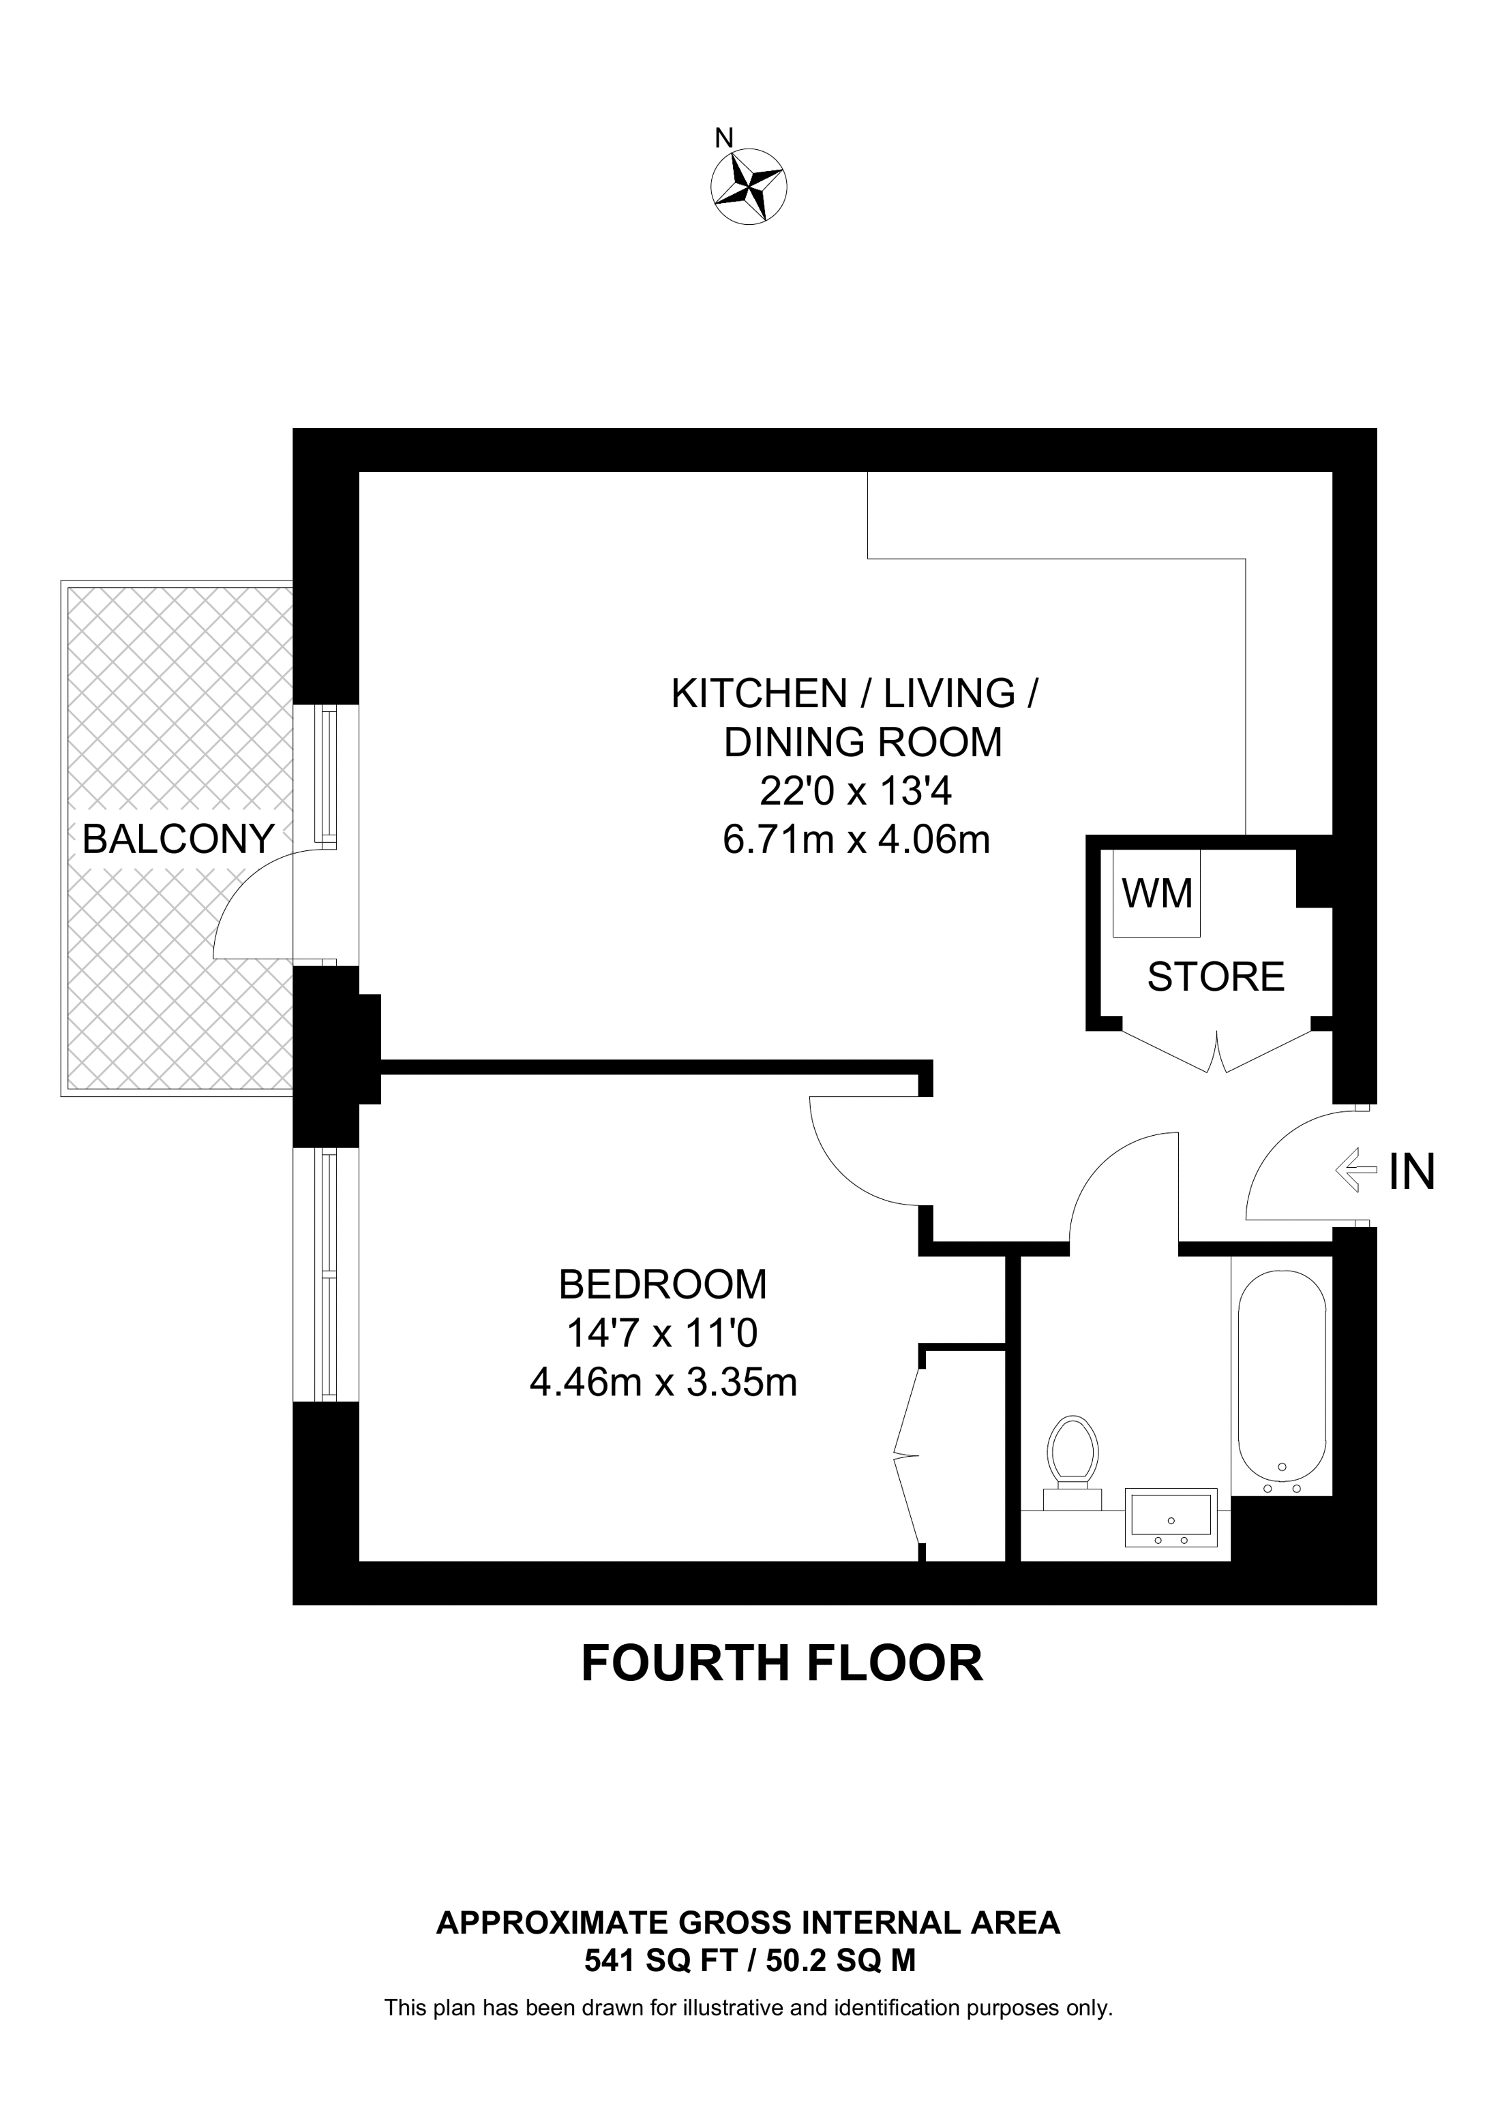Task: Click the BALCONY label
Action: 179,839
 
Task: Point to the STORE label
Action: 1216,976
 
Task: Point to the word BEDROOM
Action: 663,1284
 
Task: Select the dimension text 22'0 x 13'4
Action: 855,791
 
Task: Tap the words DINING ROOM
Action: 862,742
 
